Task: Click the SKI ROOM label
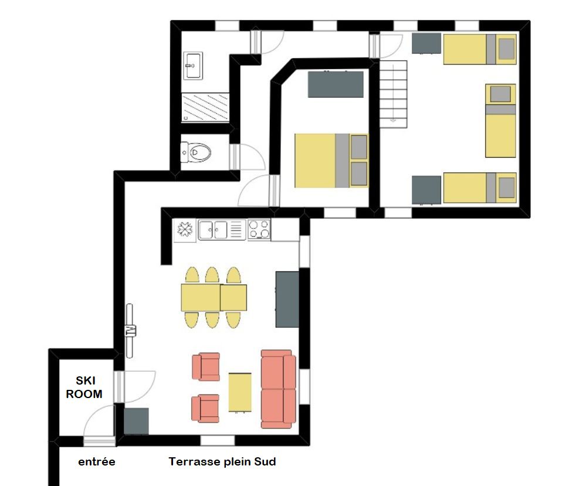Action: tap(84, 388)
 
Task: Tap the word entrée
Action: tap(97, 462)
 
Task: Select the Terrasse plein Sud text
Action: tap(222, 462)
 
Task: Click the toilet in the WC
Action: tap(196, 152)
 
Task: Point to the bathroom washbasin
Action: tap(193, 66)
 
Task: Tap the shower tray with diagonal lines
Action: tap(205, 108)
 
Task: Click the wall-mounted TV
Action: tap(130, 331)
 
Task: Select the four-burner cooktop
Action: tap(259, 229)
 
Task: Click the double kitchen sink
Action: tap(214, 229)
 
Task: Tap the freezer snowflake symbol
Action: tap(185, 230)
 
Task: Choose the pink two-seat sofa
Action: tap(279, 389)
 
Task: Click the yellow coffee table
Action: tap(240, 392)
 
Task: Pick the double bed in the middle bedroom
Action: tap(331, 161)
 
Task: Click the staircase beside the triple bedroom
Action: tap(394, 94)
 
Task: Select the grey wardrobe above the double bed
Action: tap(336, 84)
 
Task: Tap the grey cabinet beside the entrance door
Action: tap(137, 421)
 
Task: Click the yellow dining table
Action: tap(214, 297)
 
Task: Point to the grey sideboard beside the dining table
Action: tap(287, 299)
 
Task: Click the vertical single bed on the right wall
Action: tap(501, 120)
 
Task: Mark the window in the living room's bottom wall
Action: tap(218, 440)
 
